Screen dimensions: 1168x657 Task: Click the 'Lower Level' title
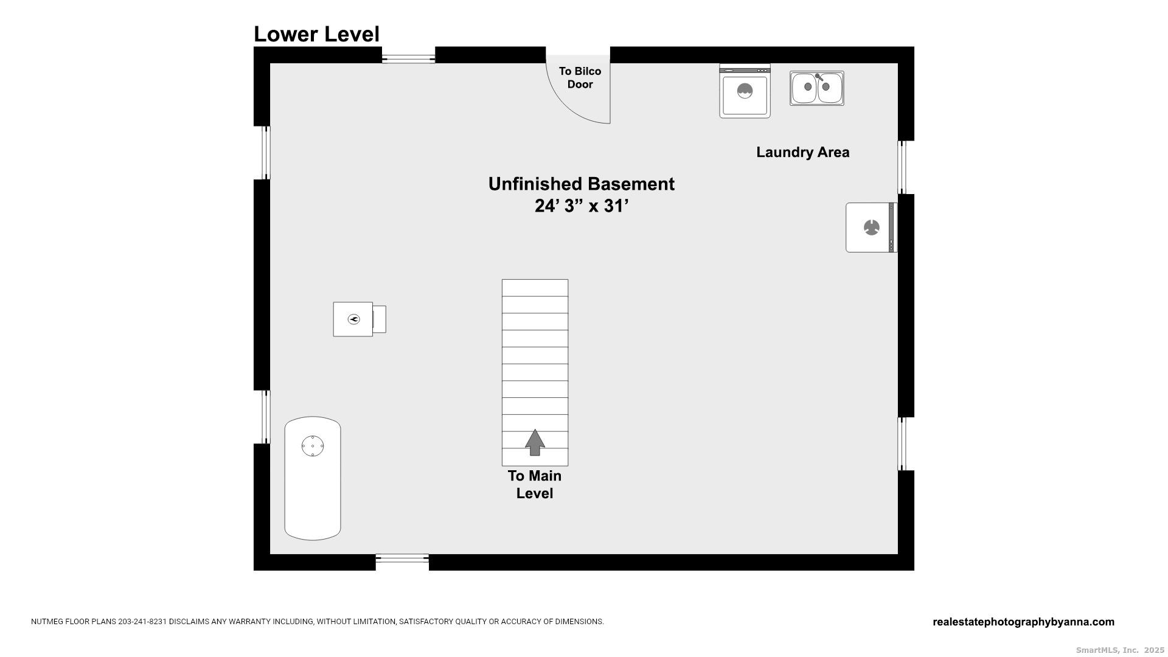coord(316,34)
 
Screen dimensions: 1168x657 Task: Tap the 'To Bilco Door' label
coord(580,78)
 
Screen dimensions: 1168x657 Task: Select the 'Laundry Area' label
coord(802,152)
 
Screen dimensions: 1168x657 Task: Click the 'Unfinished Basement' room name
coord(581,184)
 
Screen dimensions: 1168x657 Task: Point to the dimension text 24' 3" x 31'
coord(581,206)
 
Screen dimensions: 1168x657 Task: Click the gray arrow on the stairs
coord(535,442)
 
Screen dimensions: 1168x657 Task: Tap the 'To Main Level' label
coord(535,484)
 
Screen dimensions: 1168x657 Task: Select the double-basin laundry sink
coord(816,88)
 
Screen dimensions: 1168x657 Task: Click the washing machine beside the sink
coord(745,91)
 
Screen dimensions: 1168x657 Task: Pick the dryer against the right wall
coord(871,228)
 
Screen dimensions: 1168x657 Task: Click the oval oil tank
coord(313,478)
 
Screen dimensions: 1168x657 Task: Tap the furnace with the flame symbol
coord(359,319)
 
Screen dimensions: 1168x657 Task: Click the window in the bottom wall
coord(402,562)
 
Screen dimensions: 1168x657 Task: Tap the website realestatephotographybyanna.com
coord(1023,622)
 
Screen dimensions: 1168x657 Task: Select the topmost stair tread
coord(535,288)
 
